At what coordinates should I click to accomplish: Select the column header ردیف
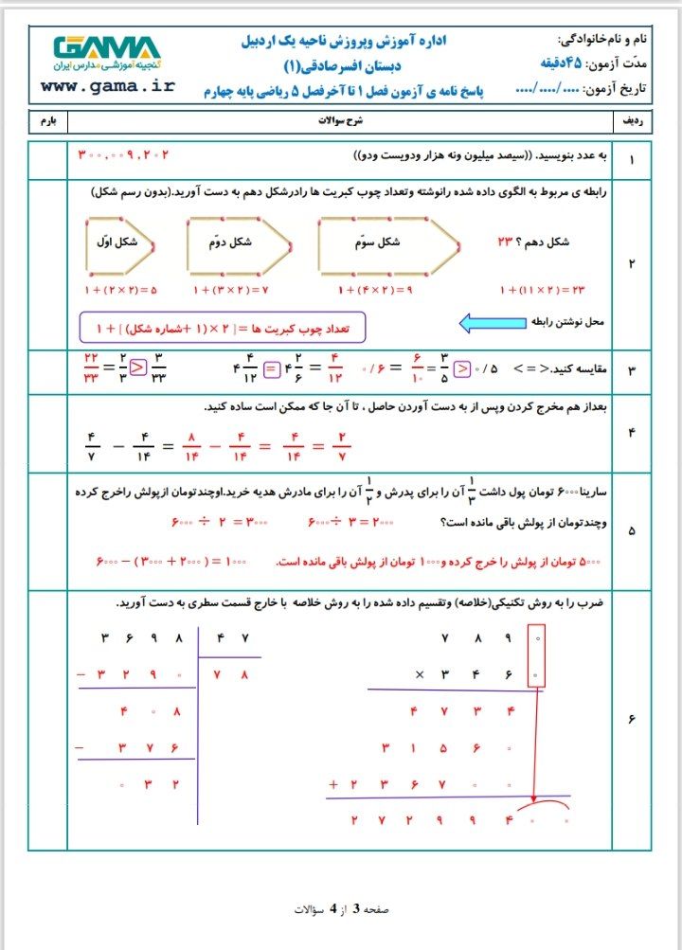tap(631, 123)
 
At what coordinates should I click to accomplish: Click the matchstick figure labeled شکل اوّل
tap(123, 242)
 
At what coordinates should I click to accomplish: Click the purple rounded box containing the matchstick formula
tap(223, 328)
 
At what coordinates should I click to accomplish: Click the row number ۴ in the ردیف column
tap(632, 433)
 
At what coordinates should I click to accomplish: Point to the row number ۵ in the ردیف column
tap(632, 531)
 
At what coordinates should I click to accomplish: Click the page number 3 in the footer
tap(356, 908)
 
